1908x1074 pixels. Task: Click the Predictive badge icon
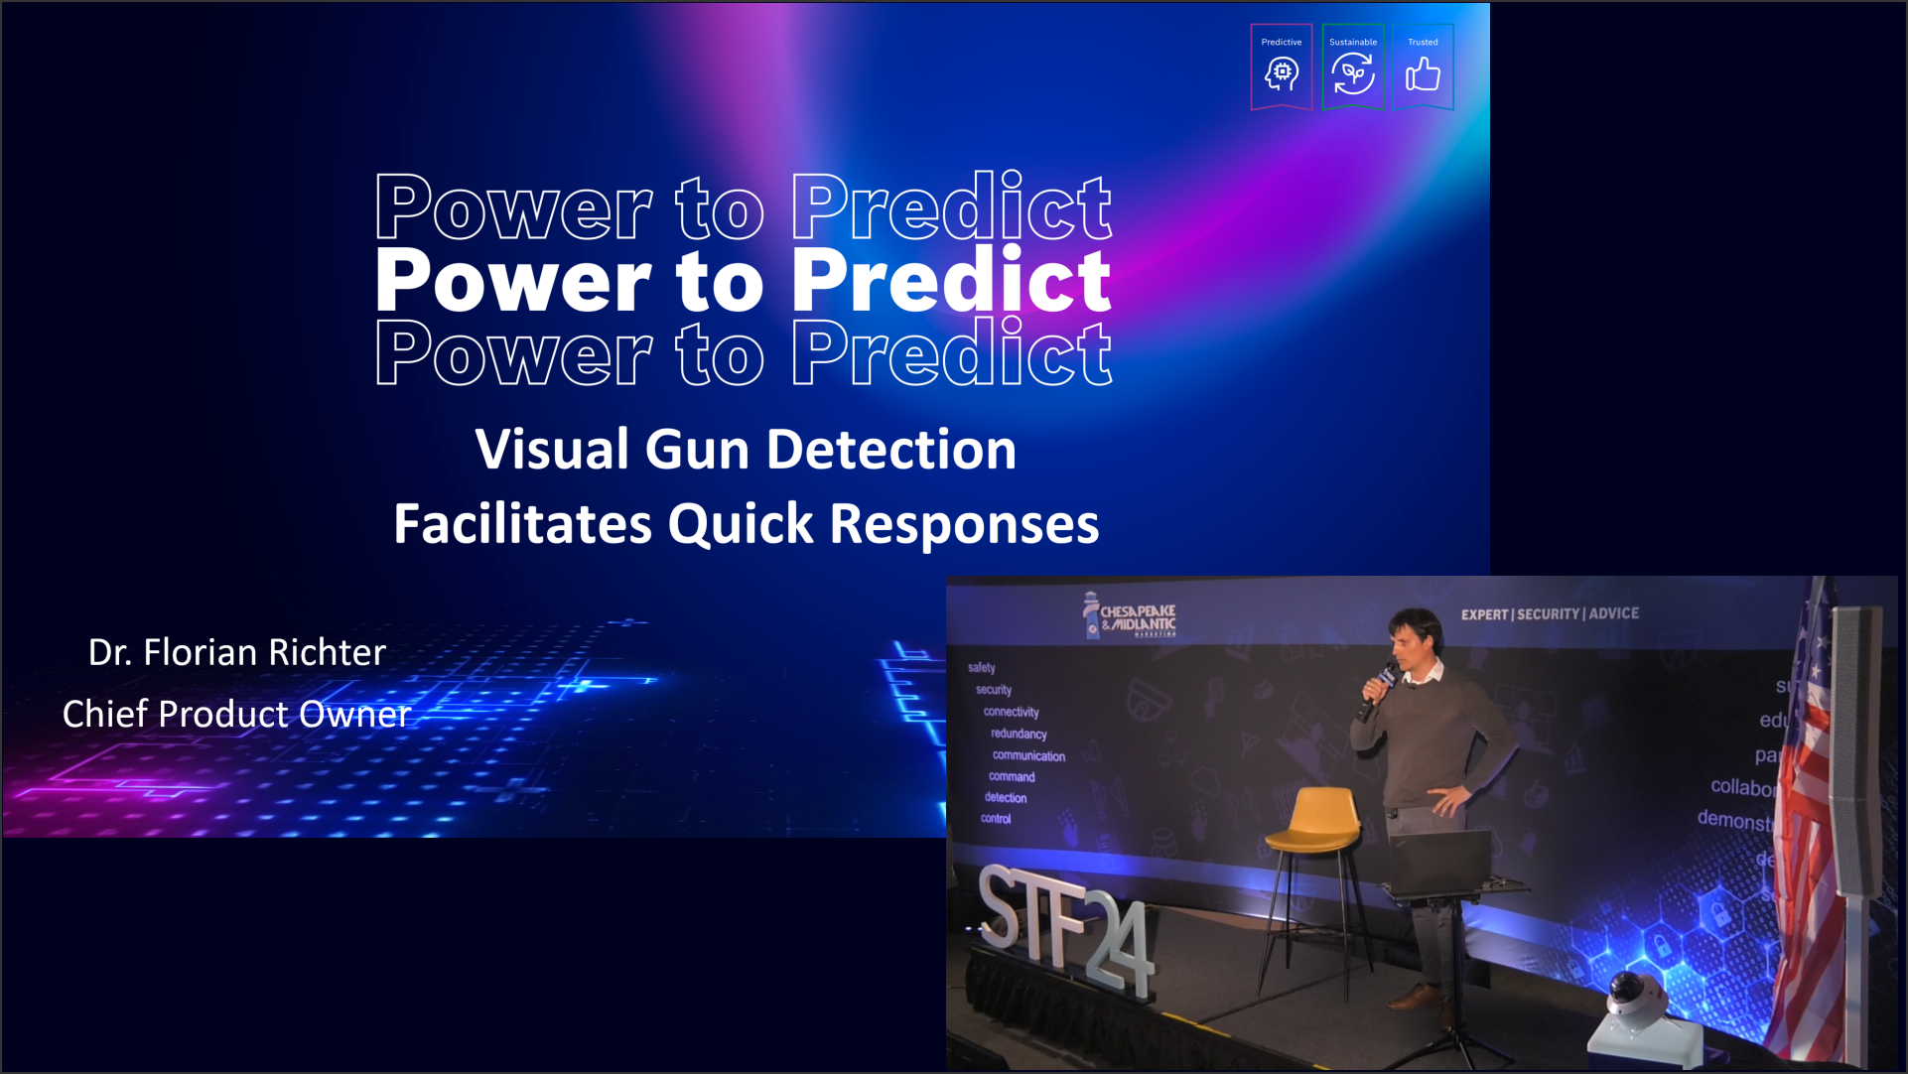pyautogui.click(x=1282, y=67)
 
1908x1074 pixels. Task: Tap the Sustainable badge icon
pyautogui.click(x=1353, y=67)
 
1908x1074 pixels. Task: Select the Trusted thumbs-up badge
pyautogui.click(x=1423, y=67)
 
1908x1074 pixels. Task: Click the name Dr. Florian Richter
pyautogui.click(x=236, y=652)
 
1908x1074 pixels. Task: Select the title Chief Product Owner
pyautogui.click(x=236, y=714)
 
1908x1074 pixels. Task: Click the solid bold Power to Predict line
pyautogui.click(x=743, y=281)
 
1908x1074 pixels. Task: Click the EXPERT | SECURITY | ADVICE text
pyautogui.click(x=1549, y=614)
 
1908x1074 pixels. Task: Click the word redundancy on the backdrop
pyautogui.click(x=1019, y=734)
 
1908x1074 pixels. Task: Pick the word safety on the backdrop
pyautogui.click(x=981, y=668)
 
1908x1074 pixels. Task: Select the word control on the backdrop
pyautogui.click(x=996, y=819)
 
